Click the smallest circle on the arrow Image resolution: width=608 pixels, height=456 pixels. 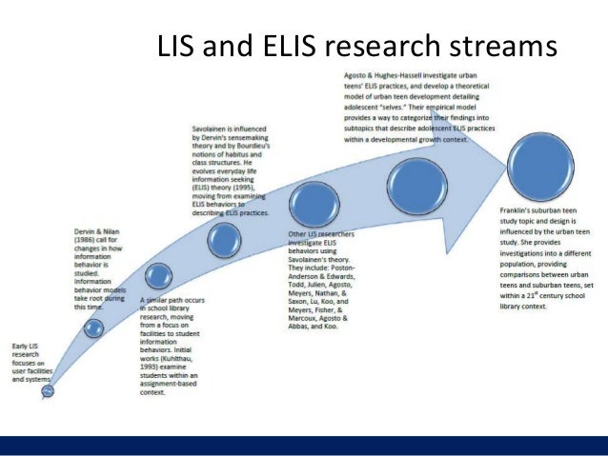tap(48, 389)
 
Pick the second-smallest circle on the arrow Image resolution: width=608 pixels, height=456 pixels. tap(94, 328)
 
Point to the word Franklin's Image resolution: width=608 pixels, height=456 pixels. tap(517, 208)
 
